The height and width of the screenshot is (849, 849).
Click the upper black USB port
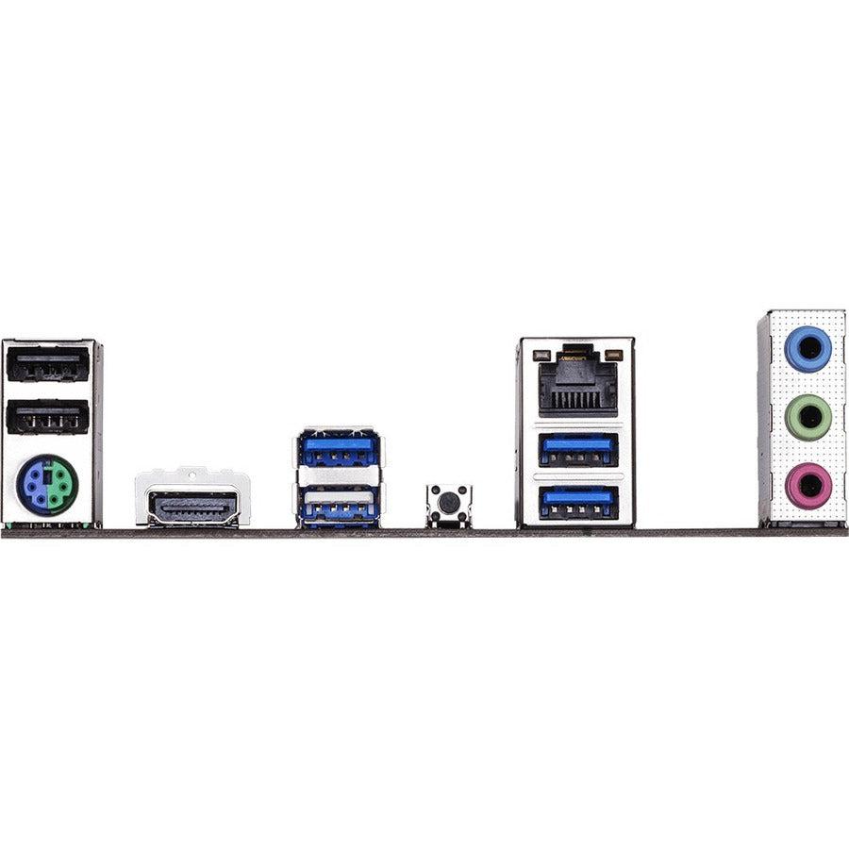click(48, 364)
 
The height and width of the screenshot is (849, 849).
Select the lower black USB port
click(48, 416)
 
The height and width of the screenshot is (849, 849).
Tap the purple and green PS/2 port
click(47, 485)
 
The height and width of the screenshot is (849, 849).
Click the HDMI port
click(192, 508)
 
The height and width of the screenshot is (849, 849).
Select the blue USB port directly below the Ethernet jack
click(577, 449)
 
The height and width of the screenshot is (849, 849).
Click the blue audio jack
click(808, 349)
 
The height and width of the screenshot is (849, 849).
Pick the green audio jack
click(808, 417)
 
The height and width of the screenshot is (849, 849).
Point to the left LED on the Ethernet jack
click(541, 357)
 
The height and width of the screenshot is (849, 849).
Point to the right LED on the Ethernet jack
click(614, 357)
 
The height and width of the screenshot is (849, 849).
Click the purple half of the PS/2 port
click(36, 485)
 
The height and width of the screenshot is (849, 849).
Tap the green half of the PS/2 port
click(61, 485)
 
